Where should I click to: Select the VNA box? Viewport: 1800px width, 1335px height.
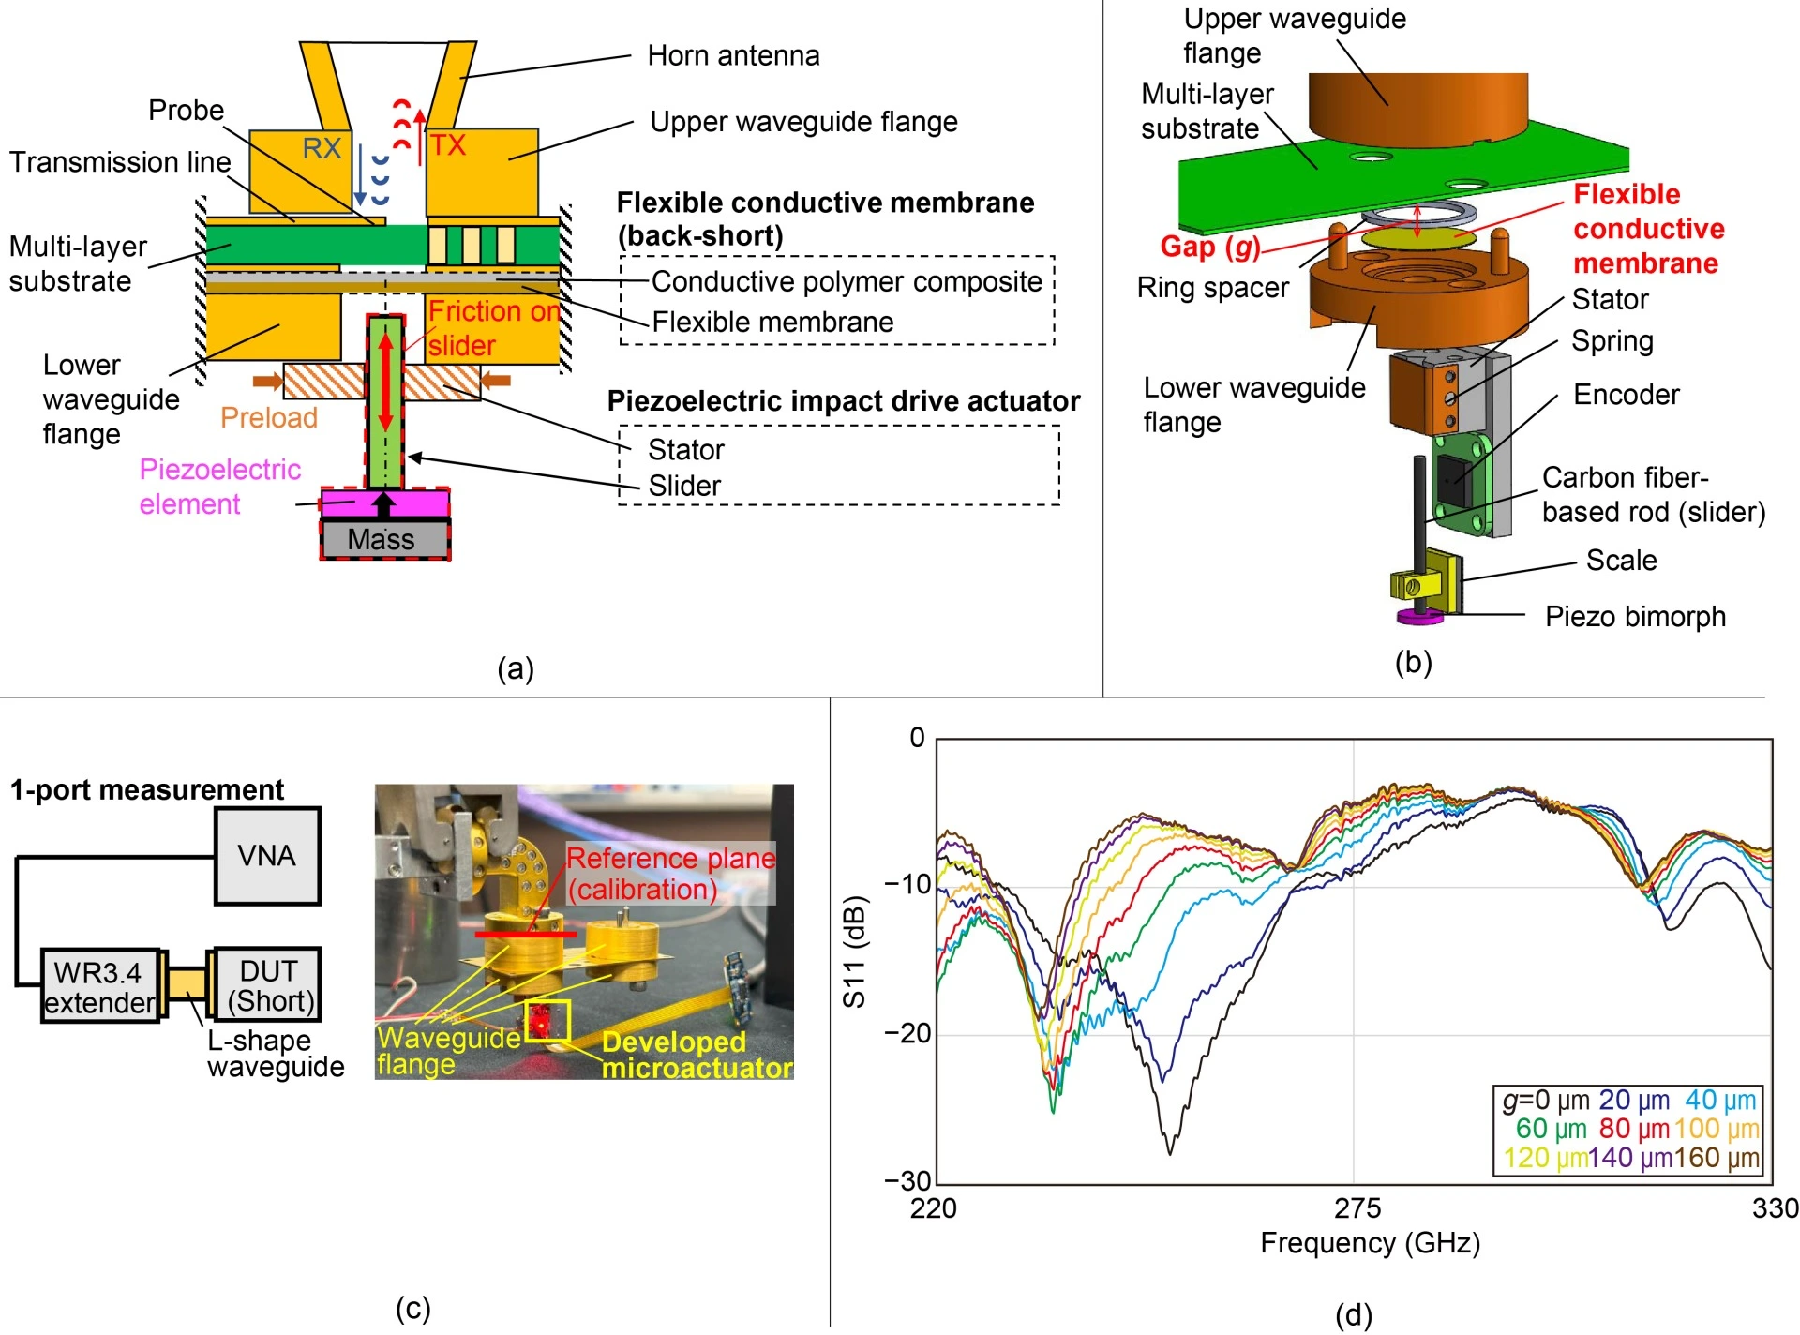pos(267,855)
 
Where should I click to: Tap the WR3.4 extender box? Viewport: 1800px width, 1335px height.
pos(100,986)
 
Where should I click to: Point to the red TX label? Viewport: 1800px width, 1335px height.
pos(447,145)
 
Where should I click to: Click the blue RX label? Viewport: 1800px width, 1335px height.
pos(322,148)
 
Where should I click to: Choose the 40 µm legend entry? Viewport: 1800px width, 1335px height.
pos(1720,1100)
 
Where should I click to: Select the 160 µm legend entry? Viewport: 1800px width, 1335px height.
pos(1717,1158)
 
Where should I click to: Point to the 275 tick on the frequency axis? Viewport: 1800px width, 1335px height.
pos(1357,1208)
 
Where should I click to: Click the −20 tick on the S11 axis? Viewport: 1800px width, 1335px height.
pos(907,1033)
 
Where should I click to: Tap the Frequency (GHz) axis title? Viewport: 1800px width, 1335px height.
pos(1370,1243)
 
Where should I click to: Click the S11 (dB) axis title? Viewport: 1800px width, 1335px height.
pos(854,952)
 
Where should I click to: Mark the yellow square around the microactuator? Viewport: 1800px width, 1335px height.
pos(547,1020)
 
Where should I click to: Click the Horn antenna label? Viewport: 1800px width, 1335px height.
pos(733,56)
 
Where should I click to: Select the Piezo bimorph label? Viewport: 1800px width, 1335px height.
pos(1635,617)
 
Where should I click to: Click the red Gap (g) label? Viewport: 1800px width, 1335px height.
pos(1209,247)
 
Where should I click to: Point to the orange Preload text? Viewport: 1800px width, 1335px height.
pos(269,418)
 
